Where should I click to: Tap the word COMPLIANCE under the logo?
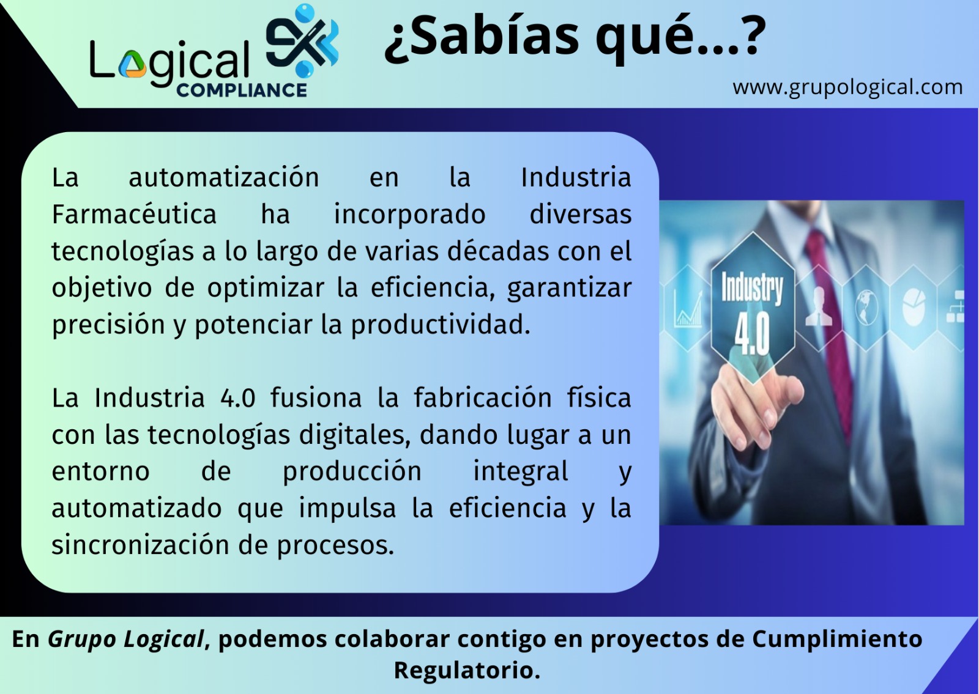click(x=241, y=90)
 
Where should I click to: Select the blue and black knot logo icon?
click(x=302, y=40)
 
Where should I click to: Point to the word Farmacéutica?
click(x=134, y=215)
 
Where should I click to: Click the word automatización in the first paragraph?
click(x=224, y=177)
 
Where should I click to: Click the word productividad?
click(x=441, y=325)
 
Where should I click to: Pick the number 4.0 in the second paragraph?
click(x=238, y=398)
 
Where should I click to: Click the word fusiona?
click(x=316, y=398)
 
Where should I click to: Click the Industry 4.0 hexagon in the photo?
click(x=753, y=308)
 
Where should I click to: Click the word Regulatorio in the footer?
click(x=467, y=670)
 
